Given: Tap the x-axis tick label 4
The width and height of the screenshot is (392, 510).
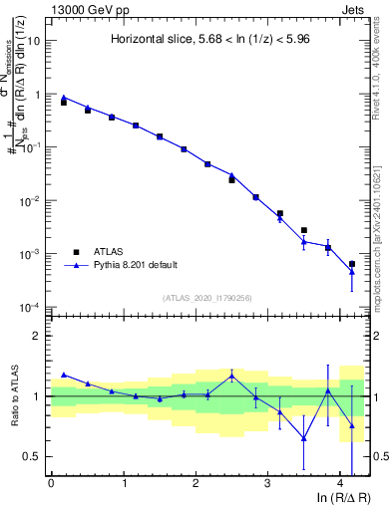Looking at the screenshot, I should [340, 483].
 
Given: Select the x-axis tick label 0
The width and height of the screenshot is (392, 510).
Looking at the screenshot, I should [51, 483].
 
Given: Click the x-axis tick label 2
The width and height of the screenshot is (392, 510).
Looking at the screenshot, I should [196, 483].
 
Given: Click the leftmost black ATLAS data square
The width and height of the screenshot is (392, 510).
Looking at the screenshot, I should [64, 103].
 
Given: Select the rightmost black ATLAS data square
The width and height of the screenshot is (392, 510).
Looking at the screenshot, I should [352, 264].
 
